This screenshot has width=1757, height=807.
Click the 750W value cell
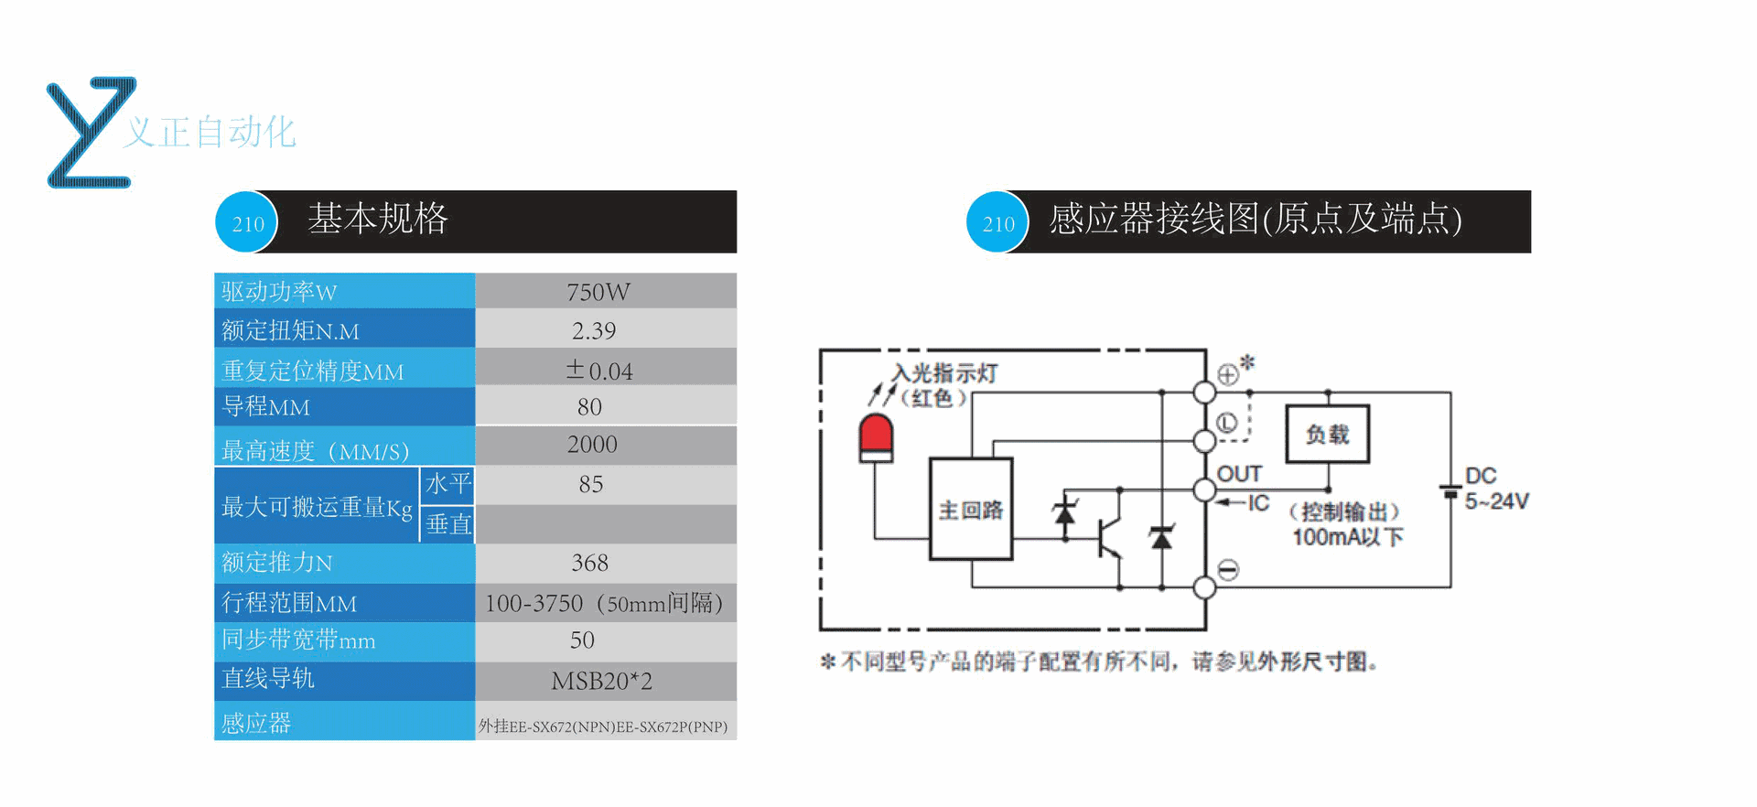point(598,292)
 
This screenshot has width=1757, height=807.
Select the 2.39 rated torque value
point(594,330)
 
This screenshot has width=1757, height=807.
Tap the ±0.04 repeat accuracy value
point(599,370)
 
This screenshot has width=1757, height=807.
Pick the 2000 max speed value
point(592,445)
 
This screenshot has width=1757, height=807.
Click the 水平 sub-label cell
point(447,484)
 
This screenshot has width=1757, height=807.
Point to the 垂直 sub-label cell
point(447,524)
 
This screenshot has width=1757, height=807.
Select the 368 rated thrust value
point(590,563)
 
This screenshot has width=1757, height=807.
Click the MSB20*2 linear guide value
point(601,681)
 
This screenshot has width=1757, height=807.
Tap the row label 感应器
point(256,723)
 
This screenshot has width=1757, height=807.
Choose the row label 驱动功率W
point(279,292)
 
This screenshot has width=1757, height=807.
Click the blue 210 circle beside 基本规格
point(247,222)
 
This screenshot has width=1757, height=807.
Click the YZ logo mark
point(91,133)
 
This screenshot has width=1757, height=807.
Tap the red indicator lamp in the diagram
point(876,438)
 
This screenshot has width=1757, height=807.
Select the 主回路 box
point(971,509)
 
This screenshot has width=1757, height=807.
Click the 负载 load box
point(1327,435)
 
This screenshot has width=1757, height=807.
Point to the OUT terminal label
point(1239,474)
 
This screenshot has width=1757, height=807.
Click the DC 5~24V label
point(1495,489)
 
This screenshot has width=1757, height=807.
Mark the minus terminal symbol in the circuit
point(1228,570)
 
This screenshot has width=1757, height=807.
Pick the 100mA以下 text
point(1347,537)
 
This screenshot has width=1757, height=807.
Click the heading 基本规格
point(378,219)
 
